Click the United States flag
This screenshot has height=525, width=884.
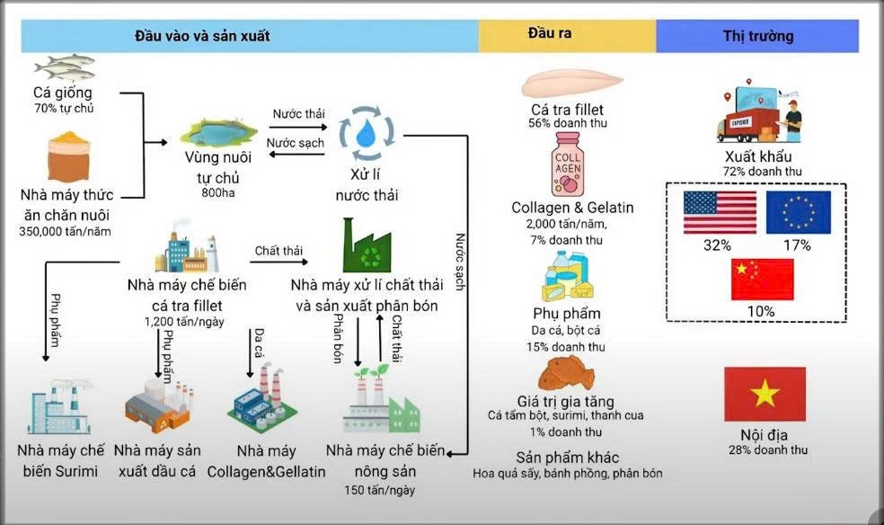(720, 212)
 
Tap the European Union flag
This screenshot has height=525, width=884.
(799, 212)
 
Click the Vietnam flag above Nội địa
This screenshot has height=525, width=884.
(765, 394)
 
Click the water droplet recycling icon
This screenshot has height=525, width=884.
(365, 132)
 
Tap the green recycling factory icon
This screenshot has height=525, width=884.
(367, 245)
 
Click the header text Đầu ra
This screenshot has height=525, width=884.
(550, 34)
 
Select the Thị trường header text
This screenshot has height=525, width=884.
(758, 37)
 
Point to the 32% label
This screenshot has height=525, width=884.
(720, 245)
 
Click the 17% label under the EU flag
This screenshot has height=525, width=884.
(798, 245)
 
